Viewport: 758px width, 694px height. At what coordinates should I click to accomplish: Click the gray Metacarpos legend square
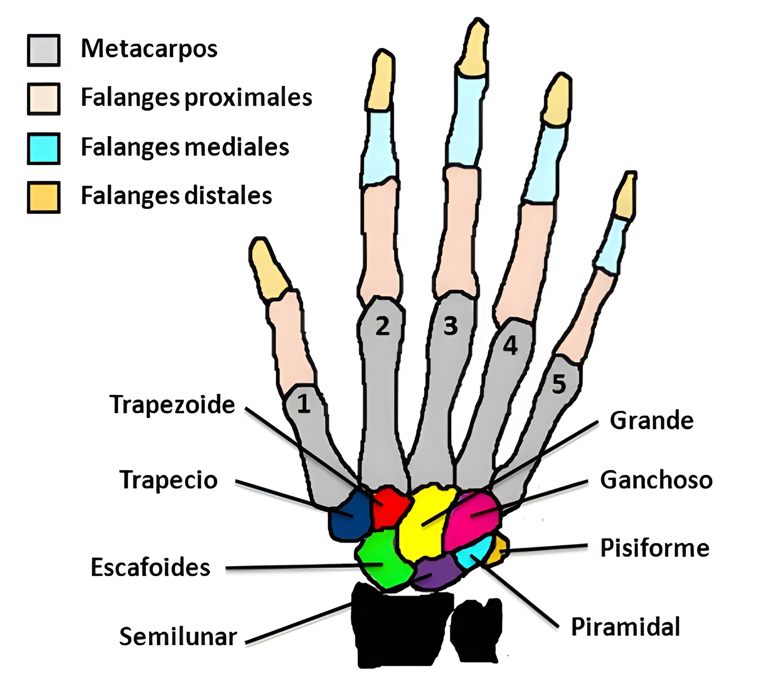(43, 51)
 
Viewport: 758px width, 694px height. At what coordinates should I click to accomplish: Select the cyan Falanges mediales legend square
(43, 148)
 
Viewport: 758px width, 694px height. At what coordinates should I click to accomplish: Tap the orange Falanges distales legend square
(43, 197)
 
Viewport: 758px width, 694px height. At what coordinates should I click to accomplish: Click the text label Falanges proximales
(196, 98)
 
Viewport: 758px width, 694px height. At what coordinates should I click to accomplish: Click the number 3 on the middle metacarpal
(450, 326)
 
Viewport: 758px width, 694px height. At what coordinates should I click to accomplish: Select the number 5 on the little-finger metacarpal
(559, 384)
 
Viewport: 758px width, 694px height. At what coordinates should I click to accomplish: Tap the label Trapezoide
(172, 405)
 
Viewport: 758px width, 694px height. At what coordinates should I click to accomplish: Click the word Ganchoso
(656, 480)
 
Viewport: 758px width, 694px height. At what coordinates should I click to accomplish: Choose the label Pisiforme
(654, 548)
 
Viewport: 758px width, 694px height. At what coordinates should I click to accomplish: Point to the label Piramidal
(625, 627)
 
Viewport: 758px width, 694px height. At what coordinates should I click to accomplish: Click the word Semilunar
(178, 637)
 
